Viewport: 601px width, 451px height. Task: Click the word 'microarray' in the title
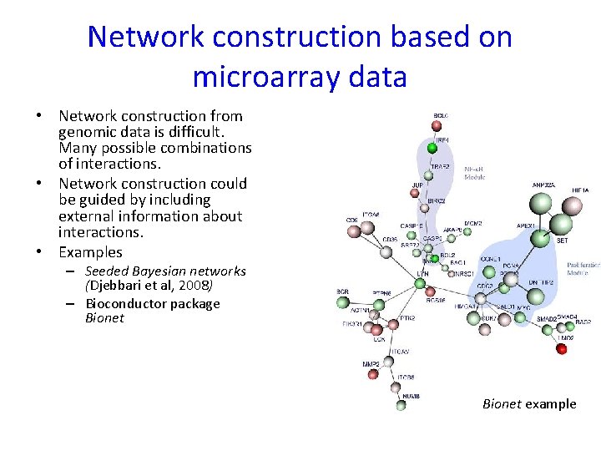point(265,77)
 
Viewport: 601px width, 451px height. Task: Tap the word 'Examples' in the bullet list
point(90,252)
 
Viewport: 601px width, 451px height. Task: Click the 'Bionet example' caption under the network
point(529,404)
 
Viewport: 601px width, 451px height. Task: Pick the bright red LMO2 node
point(562,348)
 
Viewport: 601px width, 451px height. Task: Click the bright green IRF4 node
point(432,148)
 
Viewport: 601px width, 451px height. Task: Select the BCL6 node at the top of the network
point(436,125)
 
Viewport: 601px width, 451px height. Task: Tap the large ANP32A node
point(542,203)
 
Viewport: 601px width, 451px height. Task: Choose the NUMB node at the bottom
point(401,406)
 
